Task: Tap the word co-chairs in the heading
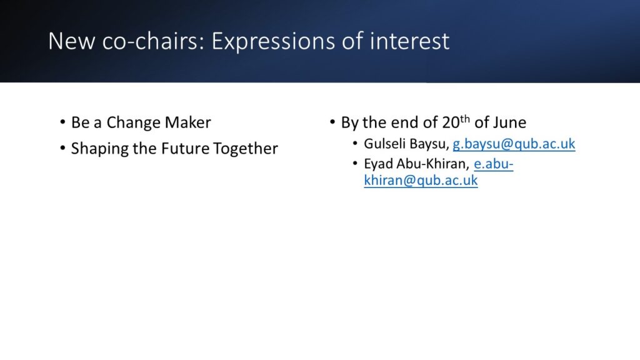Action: [x=153, y=41]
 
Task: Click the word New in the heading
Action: [x=71, y=41]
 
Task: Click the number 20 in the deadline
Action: [x=451, y=122]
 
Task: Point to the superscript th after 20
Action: [x=465, y=119]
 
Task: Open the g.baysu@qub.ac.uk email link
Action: [x=514, y=144]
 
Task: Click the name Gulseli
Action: [x=384, y=144]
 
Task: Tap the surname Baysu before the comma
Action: [x=429, y=144]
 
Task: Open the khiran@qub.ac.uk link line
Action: [x=421, y=181]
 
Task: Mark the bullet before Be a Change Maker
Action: [x=62, y=122]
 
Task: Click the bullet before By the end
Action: [x=332, y=122]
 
